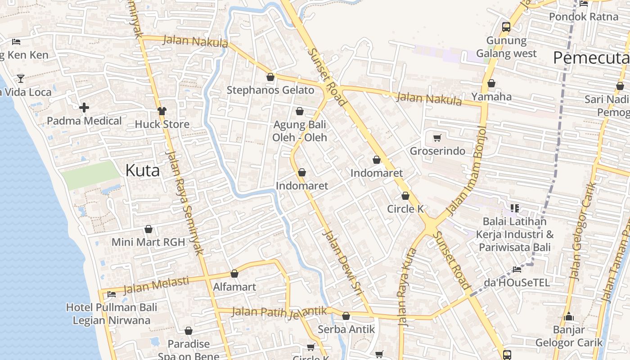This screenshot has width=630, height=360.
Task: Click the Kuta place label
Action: [142, 171]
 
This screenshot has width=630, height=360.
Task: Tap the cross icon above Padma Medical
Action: [84, 108]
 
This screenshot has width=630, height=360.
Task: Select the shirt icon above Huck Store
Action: [162, 111]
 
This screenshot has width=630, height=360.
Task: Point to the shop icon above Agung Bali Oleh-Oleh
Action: [300, 111]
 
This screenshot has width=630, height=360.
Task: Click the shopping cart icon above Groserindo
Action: [437, 138]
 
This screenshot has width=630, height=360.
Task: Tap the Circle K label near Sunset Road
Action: [405, 209]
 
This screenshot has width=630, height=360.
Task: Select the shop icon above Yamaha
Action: [491, 83]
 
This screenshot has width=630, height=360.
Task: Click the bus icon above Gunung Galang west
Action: [506, 27]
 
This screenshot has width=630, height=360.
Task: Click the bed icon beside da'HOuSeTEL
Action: [517, 270]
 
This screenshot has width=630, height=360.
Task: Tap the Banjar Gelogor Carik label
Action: [569, 336]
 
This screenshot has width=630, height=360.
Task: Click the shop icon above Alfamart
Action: [234, 274]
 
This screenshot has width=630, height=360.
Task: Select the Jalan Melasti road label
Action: [156, 285]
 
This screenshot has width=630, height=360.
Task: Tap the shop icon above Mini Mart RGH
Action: [148, 229]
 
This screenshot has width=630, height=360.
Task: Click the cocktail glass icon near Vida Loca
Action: [21, 79]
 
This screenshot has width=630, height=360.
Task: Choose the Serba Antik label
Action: [346, 329]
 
